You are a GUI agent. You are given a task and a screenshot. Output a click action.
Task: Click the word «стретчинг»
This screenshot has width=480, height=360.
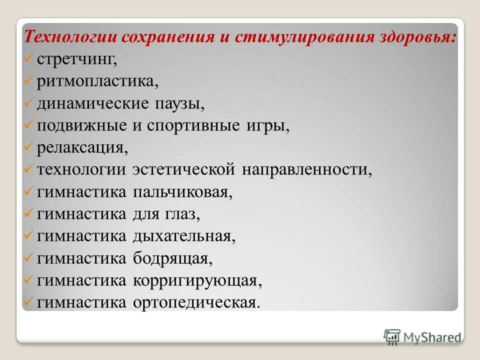76,59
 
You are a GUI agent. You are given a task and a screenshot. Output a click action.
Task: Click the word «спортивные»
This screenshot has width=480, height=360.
199,126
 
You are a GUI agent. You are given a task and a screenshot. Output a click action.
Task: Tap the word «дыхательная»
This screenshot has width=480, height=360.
183,236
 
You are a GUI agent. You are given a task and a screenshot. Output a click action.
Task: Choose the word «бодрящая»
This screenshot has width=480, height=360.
172,258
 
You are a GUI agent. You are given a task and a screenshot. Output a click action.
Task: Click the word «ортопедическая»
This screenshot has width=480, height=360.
196,302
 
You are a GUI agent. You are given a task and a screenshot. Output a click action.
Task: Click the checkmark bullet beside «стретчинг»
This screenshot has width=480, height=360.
29,59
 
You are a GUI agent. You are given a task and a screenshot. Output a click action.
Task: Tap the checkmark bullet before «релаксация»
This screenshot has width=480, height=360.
29,147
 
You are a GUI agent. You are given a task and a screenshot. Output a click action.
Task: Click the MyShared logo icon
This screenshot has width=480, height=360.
392,336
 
